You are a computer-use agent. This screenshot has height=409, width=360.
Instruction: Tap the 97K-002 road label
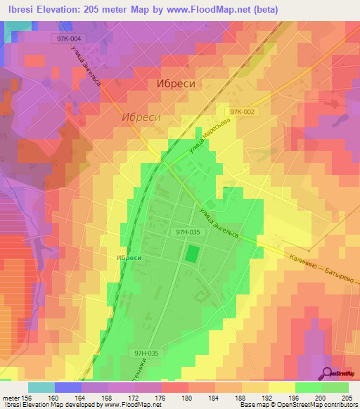pyautogui.click(x=240, y=112)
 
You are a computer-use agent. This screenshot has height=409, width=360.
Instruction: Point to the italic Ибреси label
pyautogui.click(x=140, y=117)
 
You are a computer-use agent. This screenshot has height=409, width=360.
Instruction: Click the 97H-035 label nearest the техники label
pyautogui.click(x=148, y=353)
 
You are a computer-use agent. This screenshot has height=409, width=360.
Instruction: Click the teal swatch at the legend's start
pyautogui.click(x=41, y=387)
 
